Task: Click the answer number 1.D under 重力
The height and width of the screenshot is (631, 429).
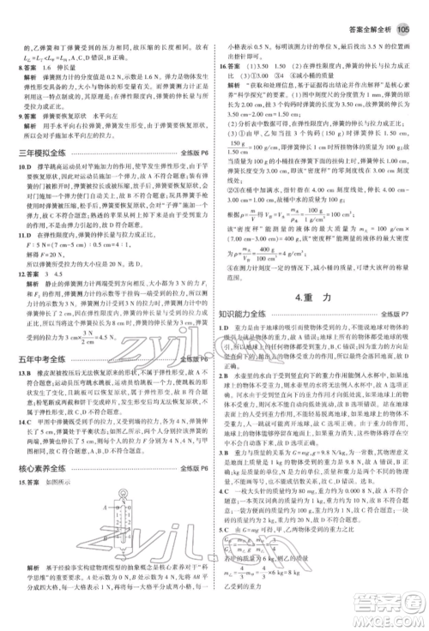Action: pyautogui.click(x=224, y=329)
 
